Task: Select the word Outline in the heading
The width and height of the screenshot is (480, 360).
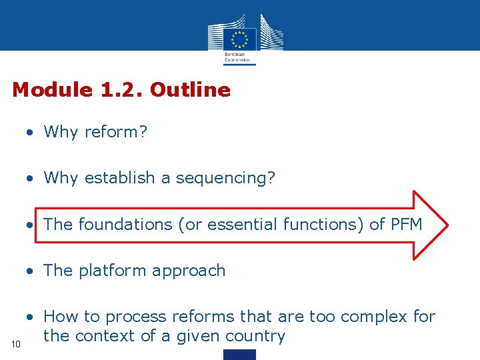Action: tap(191, 90)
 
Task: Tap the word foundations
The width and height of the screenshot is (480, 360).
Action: tap(125, 225)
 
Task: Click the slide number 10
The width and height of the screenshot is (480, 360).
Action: tap(17, 343)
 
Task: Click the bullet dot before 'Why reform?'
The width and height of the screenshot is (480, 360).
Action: tap(30, 133)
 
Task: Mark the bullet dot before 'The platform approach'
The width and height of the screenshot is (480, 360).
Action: tap(30, 271)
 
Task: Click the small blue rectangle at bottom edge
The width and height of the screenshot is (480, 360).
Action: tap(239, 355)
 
